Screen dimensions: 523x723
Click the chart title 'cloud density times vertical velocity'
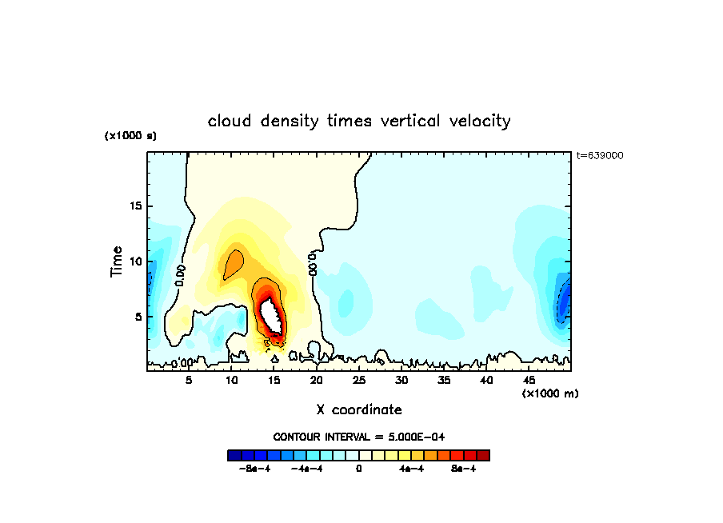click(x=359, y=122)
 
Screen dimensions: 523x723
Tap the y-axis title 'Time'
click(x=117, y=261)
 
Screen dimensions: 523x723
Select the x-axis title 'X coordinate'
click(x=359, y=409)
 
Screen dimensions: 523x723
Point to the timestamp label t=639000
click(x=600, y=155)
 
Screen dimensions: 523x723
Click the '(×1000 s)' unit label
click(x=130, y=136)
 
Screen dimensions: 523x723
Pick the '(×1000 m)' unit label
click(x=550, y=393)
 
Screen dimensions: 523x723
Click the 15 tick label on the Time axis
click(x=137, y=206)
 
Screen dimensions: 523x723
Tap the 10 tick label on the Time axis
click(x=137, y=261)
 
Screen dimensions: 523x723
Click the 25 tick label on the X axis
click(x=359, y=380)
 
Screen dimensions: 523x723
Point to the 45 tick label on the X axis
click(x=529, y=380)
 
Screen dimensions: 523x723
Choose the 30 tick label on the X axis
click(x=401, y=380)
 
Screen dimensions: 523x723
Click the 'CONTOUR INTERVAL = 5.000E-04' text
click(x=359, y=437)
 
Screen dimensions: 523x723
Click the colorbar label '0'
click(x=359, y=469)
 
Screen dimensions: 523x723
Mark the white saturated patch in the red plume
click(x=271, y=314)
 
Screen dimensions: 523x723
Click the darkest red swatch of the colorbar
click(x=483, y=455)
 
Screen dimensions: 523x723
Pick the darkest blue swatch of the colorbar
click(x=234, y=455)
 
